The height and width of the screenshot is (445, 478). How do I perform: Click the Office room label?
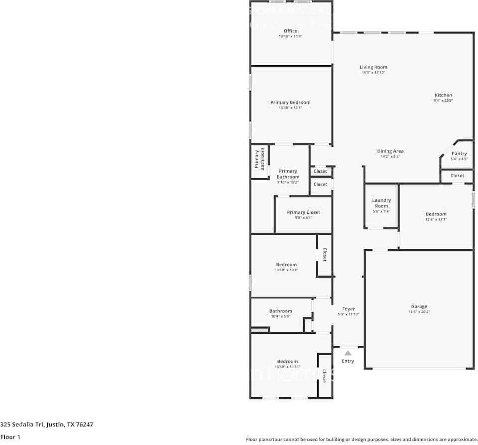click(x=290, y=31)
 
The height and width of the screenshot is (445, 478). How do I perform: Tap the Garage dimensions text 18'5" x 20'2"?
click(x=419, y=312)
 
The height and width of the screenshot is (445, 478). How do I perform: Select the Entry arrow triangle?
click(x=348, y=353)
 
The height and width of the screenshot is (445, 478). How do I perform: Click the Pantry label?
click(x=459, y=154)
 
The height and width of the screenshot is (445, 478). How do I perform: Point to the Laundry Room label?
click(x=381, y=203)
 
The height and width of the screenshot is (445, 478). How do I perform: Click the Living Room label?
click(x=373, y=67)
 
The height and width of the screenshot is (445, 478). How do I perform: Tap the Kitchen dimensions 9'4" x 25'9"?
click(x=443, y=101)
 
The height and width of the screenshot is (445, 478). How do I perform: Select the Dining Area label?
click(x=390, y=151)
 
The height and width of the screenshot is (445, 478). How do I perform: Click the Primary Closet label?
click(x=303, y=212)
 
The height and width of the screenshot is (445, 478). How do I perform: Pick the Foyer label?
click(x=348, y=309)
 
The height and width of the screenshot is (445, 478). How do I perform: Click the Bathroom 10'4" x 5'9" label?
click(x=280, y=311)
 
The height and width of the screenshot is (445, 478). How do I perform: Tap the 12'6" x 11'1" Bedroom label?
click(x=436, y=214)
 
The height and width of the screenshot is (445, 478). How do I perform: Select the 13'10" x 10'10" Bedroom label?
click(x=287, y=361)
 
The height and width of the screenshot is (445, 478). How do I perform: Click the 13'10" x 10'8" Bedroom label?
click(x=286, y=265)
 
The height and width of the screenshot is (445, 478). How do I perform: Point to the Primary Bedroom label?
click(x=290, y=103)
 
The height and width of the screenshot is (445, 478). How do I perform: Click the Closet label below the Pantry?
click(x=457, y=176)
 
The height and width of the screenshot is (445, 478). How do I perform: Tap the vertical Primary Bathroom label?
click(x=260, y=159)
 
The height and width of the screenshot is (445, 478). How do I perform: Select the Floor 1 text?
click(x=10, y=437)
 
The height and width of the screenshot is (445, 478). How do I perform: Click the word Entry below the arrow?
click(x=348, y=361)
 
